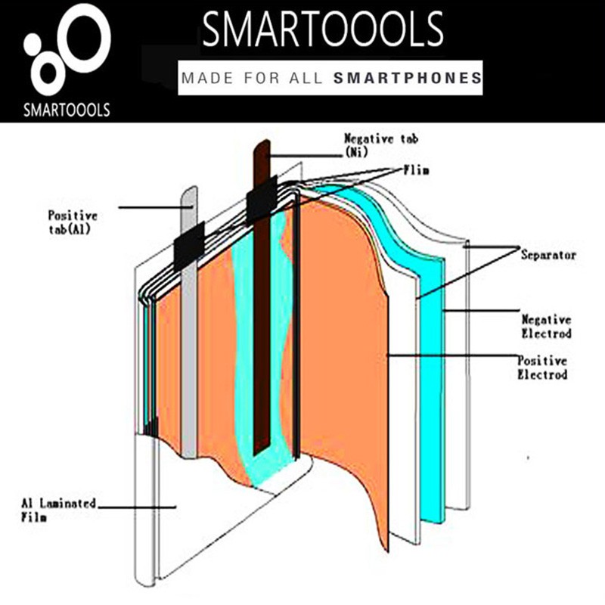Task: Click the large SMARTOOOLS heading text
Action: pos(323,29)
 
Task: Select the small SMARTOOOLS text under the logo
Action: pos(67,110)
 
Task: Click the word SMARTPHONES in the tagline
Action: pos(408,78)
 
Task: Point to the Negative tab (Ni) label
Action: pos(381,145)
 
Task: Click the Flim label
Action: pos(417,170)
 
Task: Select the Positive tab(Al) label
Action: pos(73,222)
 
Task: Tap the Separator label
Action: pos(548,255)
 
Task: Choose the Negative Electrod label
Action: pos(546,327)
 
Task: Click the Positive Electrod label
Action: pos(542,368)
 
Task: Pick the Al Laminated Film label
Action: pos(58,510)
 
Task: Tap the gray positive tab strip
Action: pos(189,322)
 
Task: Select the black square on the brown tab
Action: pos(262,200)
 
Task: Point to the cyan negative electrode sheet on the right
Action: pos(431,386)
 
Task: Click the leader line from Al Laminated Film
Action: pos(137,507)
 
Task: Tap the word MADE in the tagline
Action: pos(208,78)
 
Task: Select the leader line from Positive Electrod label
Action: pos(452,355)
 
